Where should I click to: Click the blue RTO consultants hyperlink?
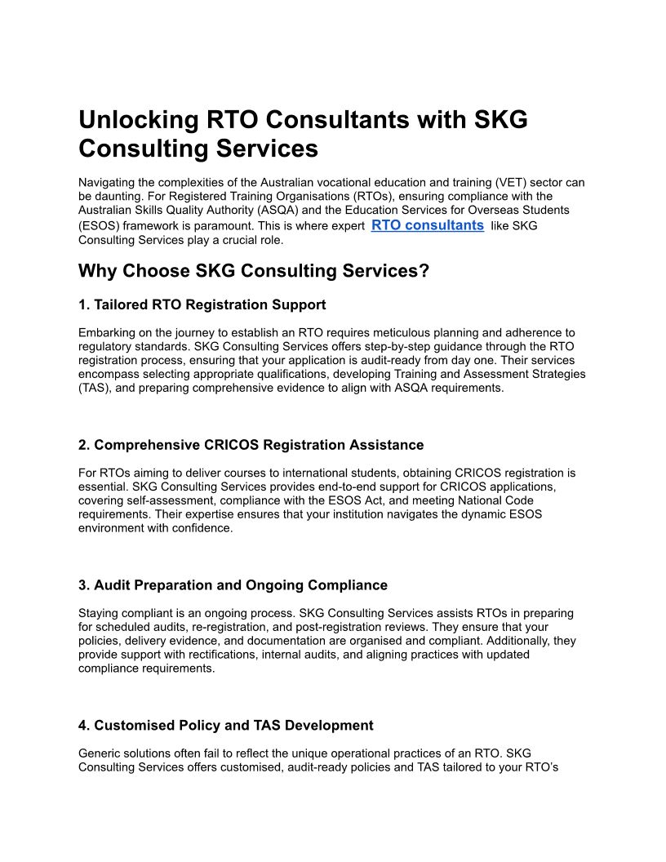point(427,225)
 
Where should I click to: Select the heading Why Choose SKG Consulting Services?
point(253,271)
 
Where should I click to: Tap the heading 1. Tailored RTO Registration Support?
point(202,304)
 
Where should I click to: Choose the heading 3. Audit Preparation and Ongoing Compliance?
point(233,585)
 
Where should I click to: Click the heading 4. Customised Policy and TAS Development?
point(225,725)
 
